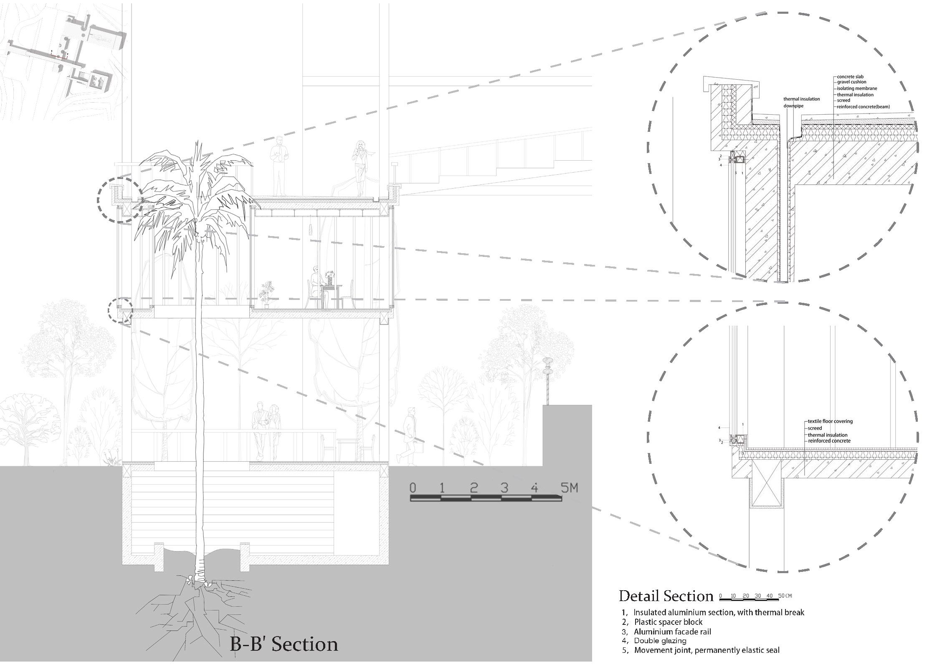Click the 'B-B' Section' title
tap(284, 644)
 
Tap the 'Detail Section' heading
tap(666, 596)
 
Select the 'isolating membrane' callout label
tap(856, 88)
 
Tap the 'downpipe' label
tap(793, 106)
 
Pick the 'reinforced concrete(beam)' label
tap(863, 107)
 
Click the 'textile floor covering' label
tap(830, 421)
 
